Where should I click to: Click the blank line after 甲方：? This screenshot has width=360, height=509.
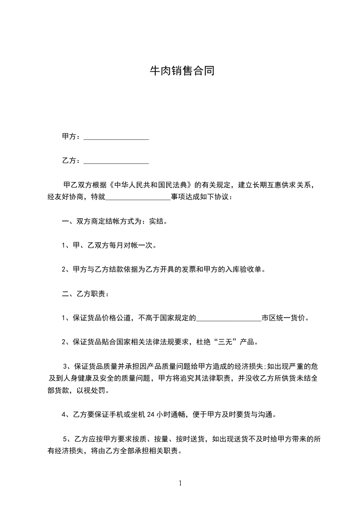[116, 137]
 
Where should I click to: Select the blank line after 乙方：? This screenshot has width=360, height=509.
[116, 161]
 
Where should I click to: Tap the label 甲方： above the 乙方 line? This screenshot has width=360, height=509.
[71, 136]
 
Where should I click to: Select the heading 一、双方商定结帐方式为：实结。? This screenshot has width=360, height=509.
[114, 222]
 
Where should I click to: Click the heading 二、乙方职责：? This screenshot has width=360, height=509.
[85, 294]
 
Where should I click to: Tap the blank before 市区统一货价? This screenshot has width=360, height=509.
[228, 318]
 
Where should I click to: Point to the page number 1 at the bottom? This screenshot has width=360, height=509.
[180, 483]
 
